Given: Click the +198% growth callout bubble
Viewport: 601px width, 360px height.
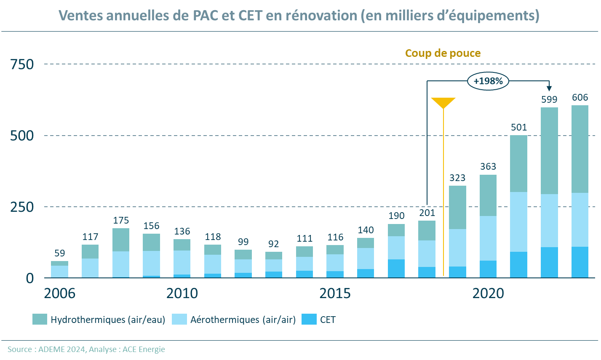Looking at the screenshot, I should [x=488, y=81].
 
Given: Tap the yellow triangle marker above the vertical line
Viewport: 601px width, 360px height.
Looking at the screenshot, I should [x=443, y=102].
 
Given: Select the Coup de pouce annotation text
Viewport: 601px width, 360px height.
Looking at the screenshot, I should [x=443, y=53].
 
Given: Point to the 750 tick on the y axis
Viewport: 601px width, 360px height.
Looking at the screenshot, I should [x=22, y=64].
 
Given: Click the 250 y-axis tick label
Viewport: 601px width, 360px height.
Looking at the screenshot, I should [x=22, y=207].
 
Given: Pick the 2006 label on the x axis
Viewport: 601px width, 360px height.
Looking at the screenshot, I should [x=59, y=293].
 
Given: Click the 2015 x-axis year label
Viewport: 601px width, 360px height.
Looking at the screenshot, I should [x=335, y=293].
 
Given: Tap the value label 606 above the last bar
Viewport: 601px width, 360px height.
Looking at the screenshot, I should [x=580, y=98].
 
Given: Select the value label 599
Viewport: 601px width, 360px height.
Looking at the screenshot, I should [x=549, y=100].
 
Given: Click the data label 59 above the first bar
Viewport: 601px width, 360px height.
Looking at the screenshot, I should [x=60, y=253].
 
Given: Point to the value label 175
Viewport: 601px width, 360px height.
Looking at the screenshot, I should [x=121, y=221].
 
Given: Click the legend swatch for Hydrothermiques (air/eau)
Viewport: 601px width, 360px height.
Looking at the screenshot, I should [x=40, y=320].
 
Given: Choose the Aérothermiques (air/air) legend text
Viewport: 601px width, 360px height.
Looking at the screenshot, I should [x=243, y=320].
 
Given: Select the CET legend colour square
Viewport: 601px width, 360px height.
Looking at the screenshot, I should [x=309, y=320].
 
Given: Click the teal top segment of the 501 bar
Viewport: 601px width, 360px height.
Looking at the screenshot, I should [x=519, y=163].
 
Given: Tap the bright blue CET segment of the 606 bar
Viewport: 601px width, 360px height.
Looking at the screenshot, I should [x=580, y=262].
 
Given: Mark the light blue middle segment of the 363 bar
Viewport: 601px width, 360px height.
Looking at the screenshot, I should [x=488, y=238].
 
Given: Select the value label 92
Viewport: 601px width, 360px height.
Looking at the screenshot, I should [x=273, y=244].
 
